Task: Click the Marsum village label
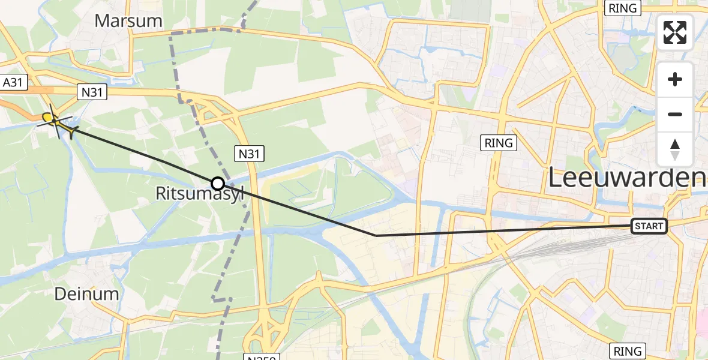pos(128,21)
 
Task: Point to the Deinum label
pos(86,294)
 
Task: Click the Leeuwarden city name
pos(627,178)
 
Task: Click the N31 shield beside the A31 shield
pos(92,92)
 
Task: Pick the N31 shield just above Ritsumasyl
pos(248,154)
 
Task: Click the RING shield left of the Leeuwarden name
pos(499,143)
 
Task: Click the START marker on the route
pos(649,226)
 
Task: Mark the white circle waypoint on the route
pos(218,184)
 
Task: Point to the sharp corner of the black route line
pos(376,236)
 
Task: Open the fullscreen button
pos(675,32)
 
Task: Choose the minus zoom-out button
pos(675,114)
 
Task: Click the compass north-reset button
pos(675,149)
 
